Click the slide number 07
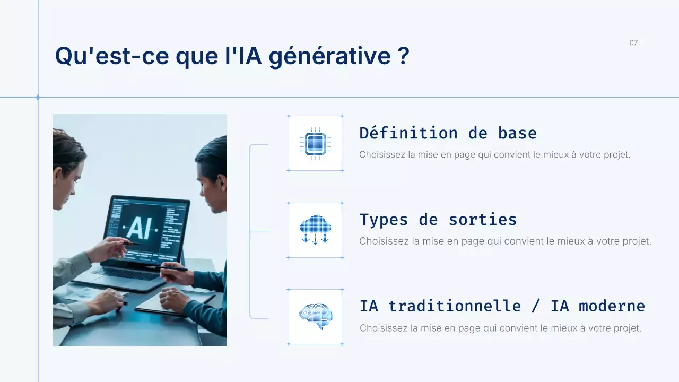[x=633, y=42]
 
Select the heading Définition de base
[x=448, y=133]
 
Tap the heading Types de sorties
[x=438, y=219]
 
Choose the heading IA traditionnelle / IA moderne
[x=502, y=306]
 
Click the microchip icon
[x=315, y=143]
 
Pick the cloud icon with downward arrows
[x=315, y=230]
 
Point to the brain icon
[x=315, y=316]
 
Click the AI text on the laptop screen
[x=140, y=228]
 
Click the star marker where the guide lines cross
[x=38, y=97]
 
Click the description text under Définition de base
[x=494, y=155]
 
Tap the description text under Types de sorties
[x=504, y=241]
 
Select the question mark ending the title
[x=403, y=56]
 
